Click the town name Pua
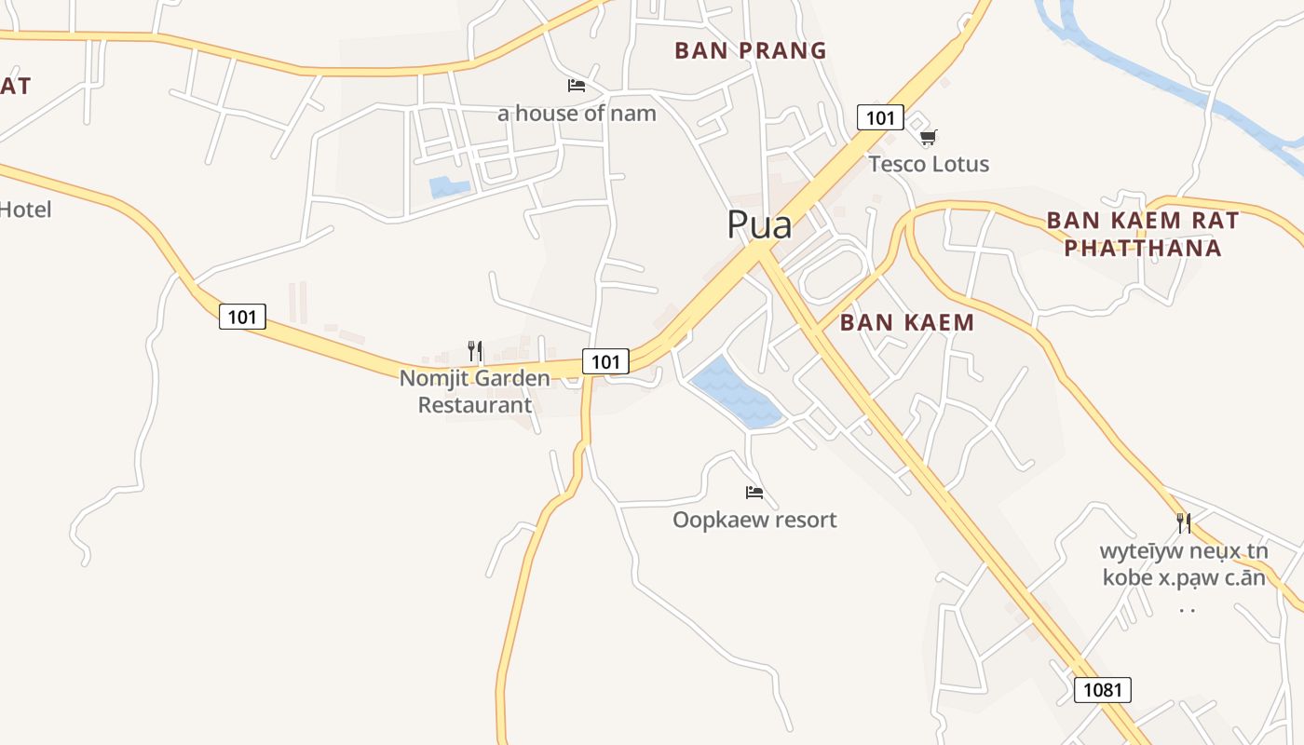759,225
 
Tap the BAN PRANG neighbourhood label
751,50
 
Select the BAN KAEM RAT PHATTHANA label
1143,234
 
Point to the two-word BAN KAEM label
906,323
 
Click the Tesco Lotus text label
929,165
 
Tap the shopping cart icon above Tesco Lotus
928,138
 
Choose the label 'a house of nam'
577,114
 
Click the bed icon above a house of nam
577,86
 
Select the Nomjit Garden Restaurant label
475,391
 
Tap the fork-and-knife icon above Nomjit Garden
475,351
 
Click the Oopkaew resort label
754,520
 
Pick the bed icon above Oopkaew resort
754,492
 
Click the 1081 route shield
1103,690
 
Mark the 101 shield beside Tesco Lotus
880,117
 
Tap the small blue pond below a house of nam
449,187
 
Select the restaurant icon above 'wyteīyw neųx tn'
1184,523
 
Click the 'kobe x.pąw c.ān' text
1184,577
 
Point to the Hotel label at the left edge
25,210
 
